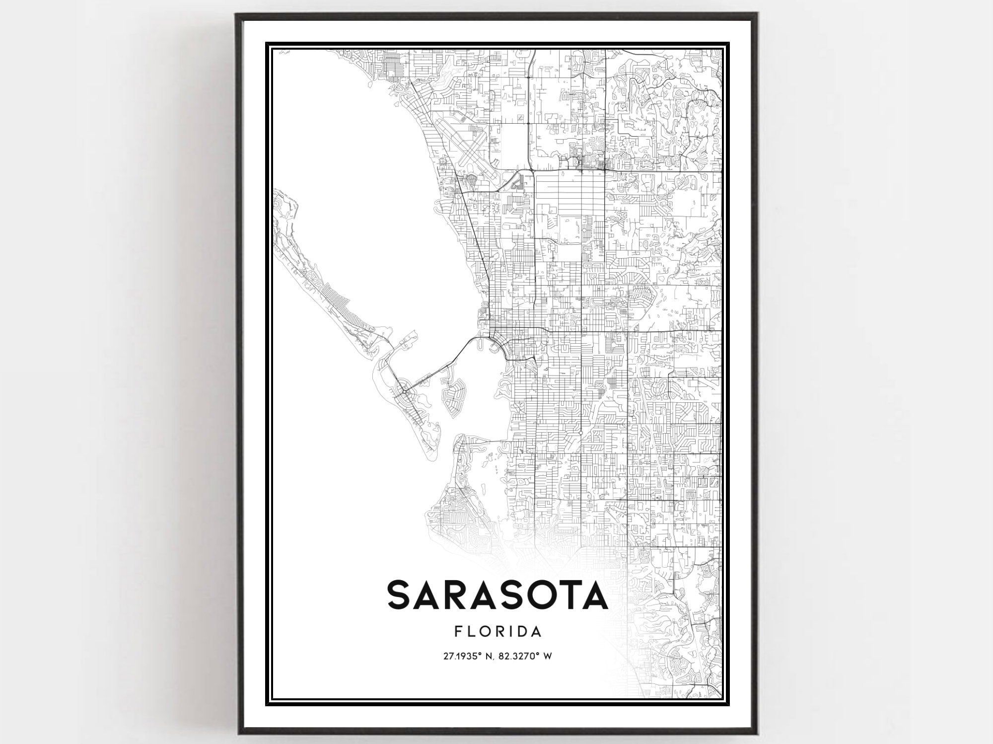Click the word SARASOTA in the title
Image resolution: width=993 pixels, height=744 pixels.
tap(497, 595)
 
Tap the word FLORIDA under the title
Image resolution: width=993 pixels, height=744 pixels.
tap(497, 632)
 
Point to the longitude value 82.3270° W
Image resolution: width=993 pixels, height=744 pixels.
tap(528, 656)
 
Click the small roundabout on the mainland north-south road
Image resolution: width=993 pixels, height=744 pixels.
tap(580, 433)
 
